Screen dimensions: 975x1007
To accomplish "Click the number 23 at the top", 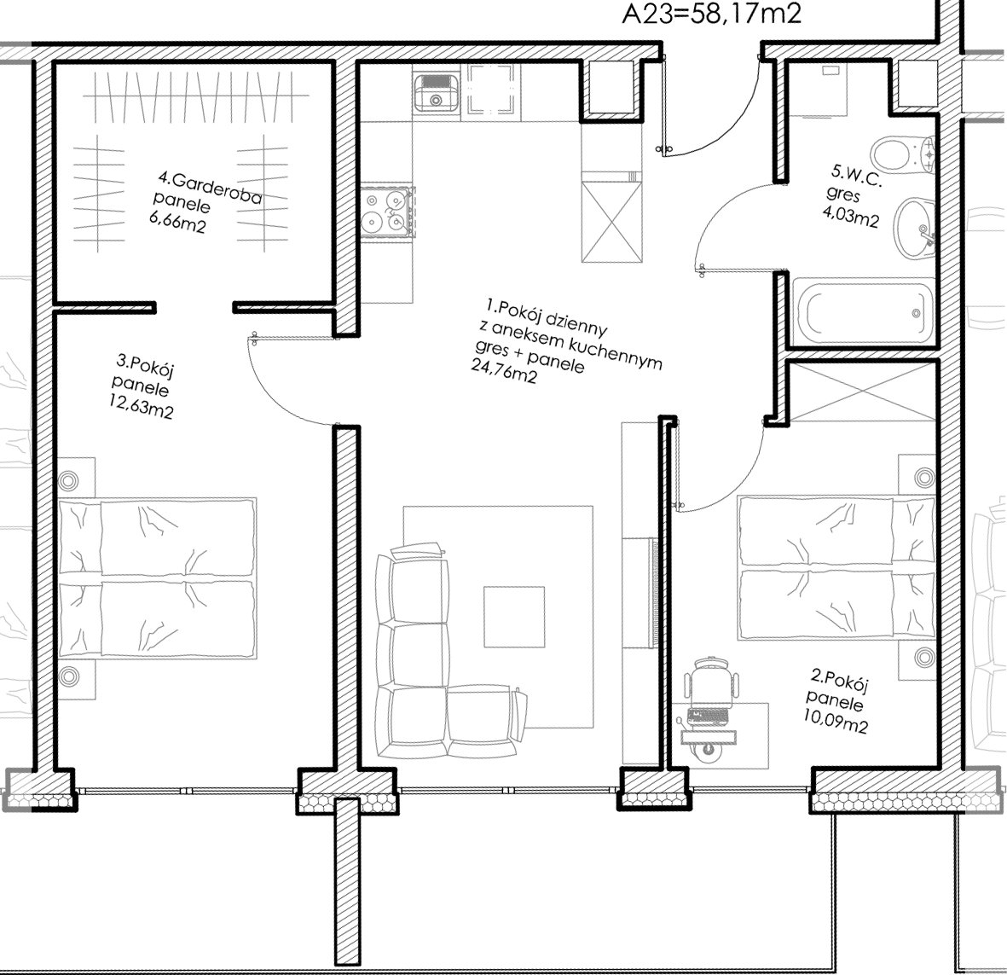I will tap(657, 15).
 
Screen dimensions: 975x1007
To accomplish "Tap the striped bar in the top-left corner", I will tap(15, 53).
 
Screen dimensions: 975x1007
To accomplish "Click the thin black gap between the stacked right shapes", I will tap(861, 354).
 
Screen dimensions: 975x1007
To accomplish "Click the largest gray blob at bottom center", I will tap(512, 597).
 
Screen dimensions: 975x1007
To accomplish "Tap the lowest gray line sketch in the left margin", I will tap(15, 695).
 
